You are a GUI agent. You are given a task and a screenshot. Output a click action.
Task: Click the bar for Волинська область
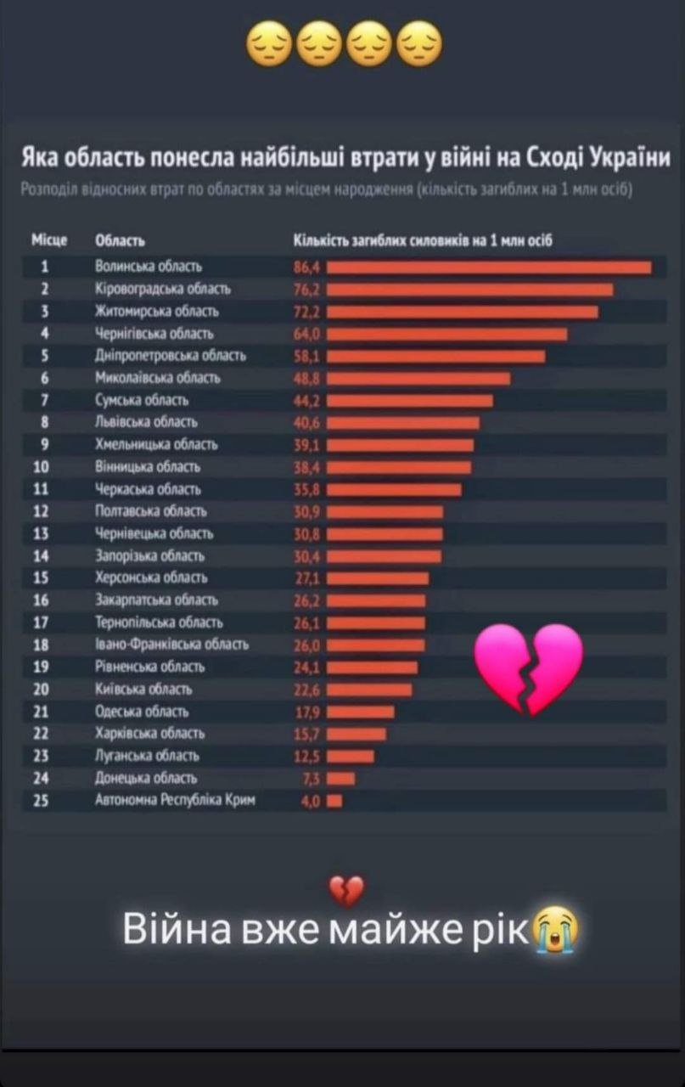(489, 268)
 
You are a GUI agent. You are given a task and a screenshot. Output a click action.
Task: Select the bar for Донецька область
(341, 778)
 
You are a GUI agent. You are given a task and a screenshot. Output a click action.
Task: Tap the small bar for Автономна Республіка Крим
(334, 800)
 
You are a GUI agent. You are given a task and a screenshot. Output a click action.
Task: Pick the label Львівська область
(146, 422)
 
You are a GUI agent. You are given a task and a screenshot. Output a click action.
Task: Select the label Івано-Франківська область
(171, 645)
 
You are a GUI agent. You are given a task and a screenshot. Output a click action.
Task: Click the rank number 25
(44, 800)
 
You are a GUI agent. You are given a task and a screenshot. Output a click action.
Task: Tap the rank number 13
(44, 533)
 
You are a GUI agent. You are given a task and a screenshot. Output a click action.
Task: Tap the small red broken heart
(346, 891)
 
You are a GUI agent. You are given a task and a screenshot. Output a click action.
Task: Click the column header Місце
(49, 242)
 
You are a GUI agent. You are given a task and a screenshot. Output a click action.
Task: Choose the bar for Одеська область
(361, 712)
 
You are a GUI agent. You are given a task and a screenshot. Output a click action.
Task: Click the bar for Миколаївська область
(418, 378)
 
